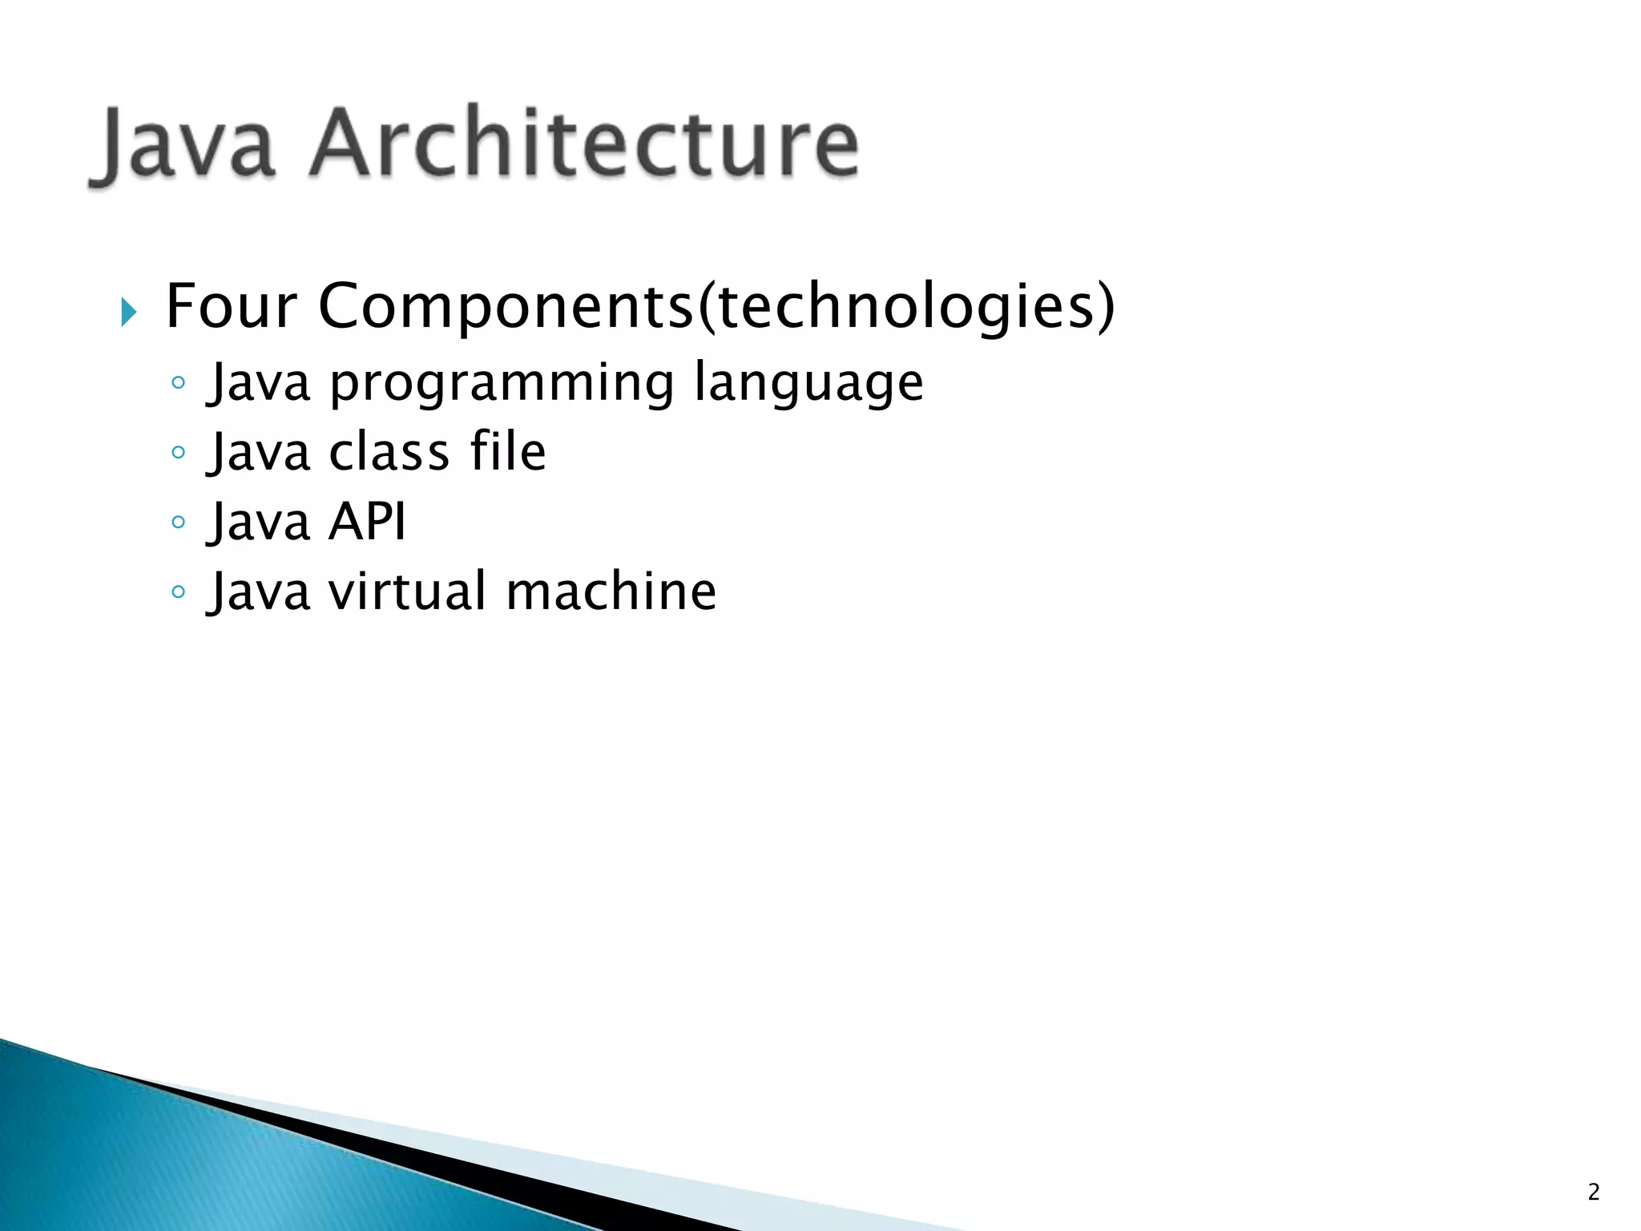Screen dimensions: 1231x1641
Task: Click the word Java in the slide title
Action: pos(186,144)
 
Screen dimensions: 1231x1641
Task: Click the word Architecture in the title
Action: pos(584,143)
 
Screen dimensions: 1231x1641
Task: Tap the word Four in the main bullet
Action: pos(231,306)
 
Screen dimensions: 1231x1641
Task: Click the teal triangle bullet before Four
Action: pos(128,311)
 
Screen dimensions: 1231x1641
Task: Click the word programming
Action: pos(502,383)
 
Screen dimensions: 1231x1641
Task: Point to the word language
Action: pos(808,383)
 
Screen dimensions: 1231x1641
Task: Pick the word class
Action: pos(389,452)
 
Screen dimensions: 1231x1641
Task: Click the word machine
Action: pos(611,591)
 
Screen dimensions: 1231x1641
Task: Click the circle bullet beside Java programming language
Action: pos(179,383)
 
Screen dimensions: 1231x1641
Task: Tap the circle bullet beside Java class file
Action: pos(179,453)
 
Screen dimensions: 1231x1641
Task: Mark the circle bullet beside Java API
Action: pos(179,523)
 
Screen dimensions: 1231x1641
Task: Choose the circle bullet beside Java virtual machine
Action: pos(179,592)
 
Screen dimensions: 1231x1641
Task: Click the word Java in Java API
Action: pos(259,522)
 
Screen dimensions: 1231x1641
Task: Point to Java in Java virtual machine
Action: pos(259,591)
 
